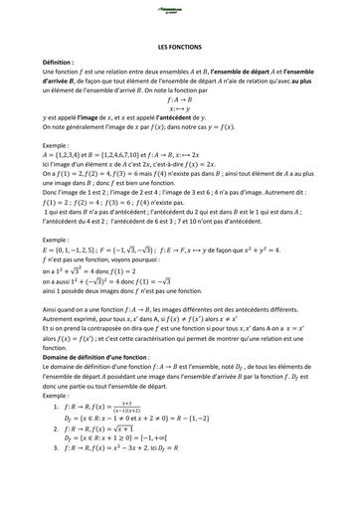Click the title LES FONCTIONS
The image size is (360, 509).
pyautogui.click(x=180, y=48)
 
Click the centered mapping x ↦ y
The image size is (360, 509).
pyautogui.click(x=179, y=109)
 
